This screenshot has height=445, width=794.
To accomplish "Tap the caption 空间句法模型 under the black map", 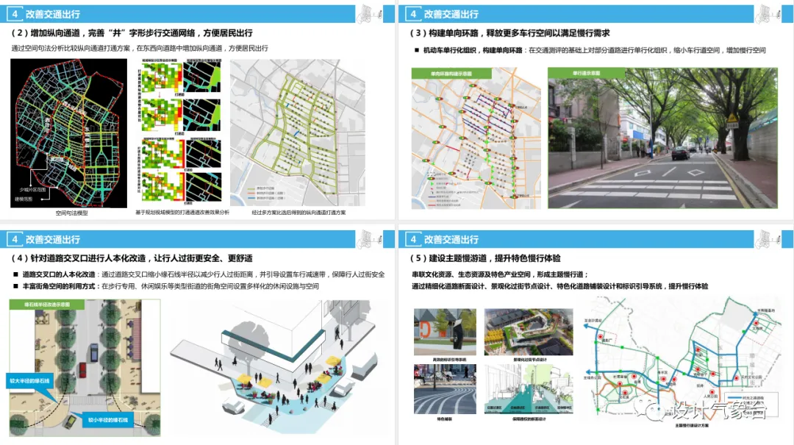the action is coord(71,213).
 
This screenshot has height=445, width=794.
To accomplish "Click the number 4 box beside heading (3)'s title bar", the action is coord(413,13).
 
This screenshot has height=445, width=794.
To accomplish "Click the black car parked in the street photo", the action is coord(680,153).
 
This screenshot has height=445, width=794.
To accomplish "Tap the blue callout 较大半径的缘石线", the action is coord(29,382).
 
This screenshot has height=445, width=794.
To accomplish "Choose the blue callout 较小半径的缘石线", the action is coord(107,419).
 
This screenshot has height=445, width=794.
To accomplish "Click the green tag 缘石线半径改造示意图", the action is coord(46,303).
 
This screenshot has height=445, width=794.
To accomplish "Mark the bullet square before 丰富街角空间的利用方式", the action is coord(15,285).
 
